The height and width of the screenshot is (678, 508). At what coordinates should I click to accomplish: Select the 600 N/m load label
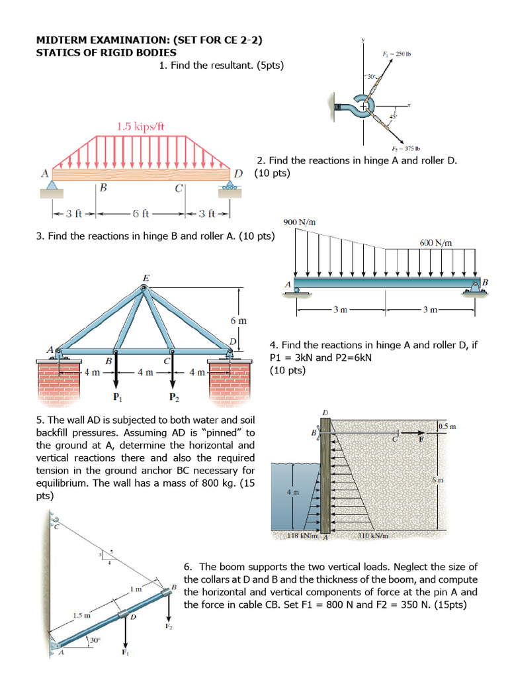pyautogui.click(x=436, y=242)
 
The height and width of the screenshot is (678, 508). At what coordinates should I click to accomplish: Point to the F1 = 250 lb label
pyautogui.click(x=397, y=54)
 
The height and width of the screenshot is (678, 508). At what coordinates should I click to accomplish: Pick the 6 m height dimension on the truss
pyautogui.click(x=238, y=320)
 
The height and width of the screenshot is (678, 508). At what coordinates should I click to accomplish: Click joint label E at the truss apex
pyautogui.click(x=145, y=277)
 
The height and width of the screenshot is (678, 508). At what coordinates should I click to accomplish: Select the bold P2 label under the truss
pyautogui.click(x=173, y=398)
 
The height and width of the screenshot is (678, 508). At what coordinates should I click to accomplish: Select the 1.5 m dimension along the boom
pyautogui.click(x=81, y=615)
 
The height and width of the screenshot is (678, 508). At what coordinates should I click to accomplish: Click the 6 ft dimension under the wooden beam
pyautogui.click(x=141, y=213)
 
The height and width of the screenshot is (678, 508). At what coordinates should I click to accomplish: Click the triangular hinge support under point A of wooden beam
pyautogui.click(x=52, y=186)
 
